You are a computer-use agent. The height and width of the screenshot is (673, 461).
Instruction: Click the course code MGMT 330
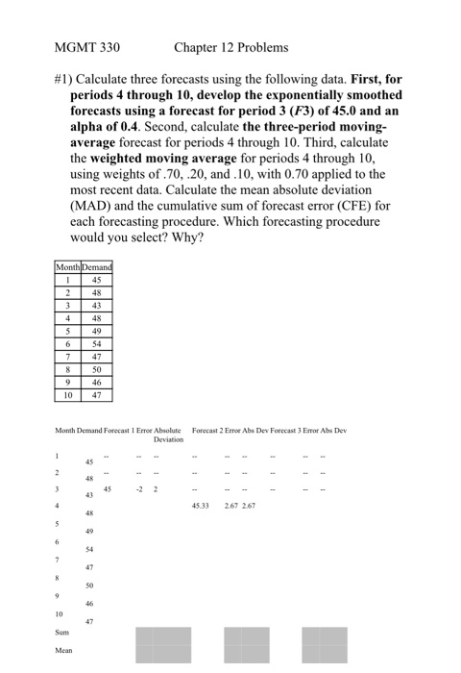87,46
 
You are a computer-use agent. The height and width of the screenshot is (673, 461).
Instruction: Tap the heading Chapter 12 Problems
231,46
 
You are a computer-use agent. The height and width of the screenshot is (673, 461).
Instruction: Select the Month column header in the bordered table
68,266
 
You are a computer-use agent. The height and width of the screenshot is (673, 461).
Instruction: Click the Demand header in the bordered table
98,266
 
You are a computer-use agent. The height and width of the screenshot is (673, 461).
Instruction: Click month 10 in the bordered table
68,394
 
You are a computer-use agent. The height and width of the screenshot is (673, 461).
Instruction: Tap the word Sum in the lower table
62,634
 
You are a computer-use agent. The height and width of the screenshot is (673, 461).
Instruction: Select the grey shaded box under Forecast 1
163,644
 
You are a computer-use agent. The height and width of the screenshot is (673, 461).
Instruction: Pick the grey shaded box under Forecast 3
324,644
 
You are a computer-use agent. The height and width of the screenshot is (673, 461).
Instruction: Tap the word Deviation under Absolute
168,438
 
